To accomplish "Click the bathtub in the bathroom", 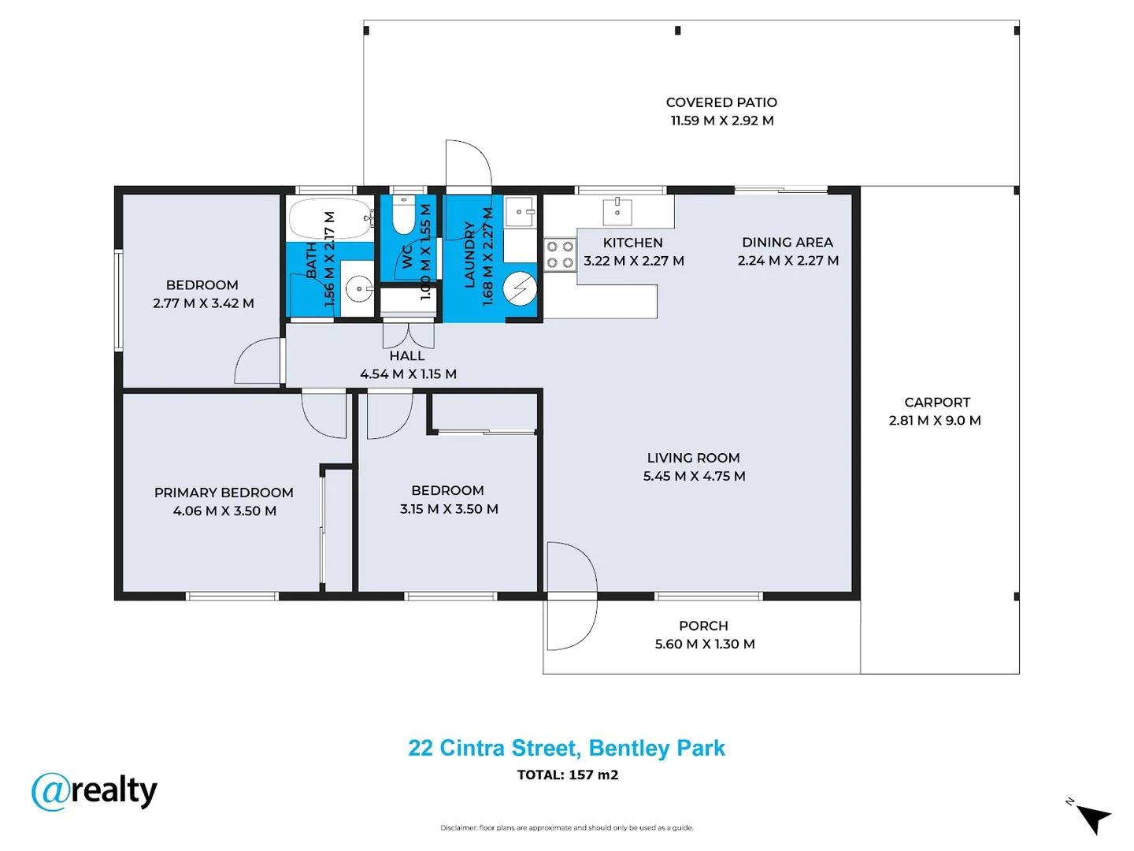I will (x=330, y=218).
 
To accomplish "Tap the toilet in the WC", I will (x=404, y=217).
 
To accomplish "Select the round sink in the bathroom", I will (x=360, y=289).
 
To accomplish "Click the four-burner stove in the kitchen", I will (x=560, y=255).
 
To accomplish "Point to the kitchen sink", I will (x=617, y=211).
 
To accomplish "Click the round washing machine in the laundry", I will (x=520, y=288).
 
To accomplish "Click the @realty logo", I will (x=94, y=791).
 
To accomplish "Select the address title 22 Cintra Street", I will (x=566, y=748).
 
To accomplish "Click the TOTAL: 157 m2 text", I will (x=567, y=775).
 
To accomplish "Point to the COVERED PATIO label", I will (x=721, y=102).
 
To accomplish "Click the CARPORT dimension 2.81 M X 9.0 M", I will (x=935, y=421).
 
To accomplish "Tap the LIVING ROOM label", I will (x=693, y=458).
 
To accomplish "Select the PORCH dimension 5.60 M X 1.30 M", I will (x=705, y=645).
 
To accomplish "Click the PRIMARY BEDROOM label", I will (x=224, y=492).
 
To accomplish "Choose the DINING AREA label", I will (x=787, y=243).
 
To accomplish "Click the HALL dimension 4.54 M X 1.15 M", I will (x=408, y=374).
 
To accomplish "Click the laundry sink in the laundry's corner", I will (x=520, y=211).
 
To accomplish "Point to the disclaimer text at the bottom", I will (x=566, y=827).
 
